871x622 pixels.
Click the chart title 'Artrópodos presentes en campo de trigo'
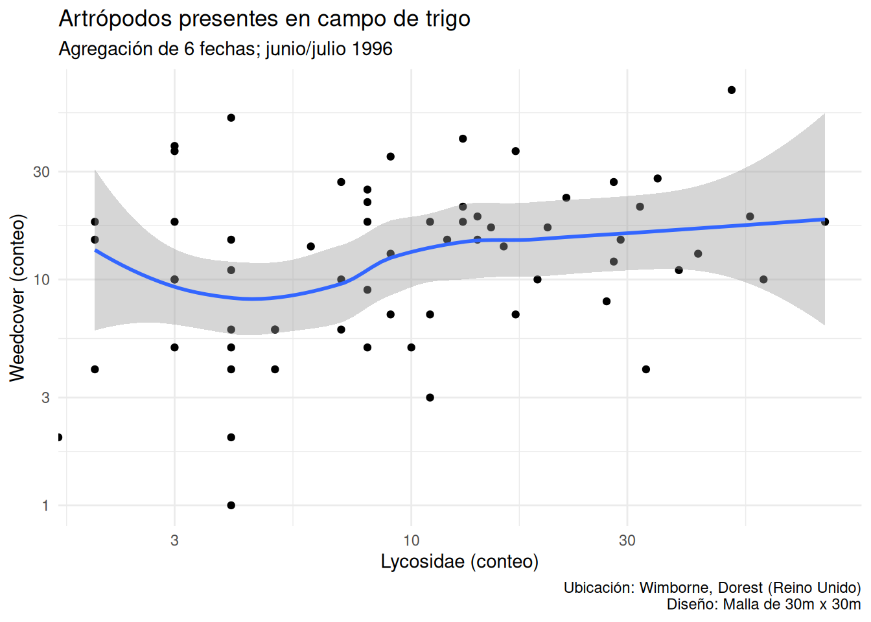(264, 19)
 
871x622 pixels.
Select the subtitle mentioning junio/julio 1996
(226, 49)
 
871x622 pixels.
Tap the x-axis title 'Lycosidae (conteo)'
(459, 561)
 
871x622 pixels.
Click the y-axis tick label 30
(41, 172)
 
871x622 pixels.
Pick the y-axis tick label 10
(41, 280)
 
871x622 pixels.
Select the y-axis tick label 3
(45, 398)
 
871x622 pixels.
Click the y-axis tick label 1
(45, 505)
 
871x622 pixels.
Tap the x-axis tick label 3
(174, 540)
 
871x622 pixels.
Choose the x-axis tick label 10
(412, 540)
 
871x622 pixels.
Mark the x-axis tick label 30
(627, 540)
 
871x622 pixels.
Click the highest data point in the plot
(732, 90)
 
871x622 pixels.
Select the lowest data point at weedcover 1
(231, 505)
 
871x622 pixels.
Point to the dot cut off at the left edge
(59, 437)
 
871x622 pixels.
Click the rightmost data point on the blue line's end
(825, 222)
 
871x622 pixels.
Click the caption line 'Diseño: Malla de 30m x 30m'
(763, 605)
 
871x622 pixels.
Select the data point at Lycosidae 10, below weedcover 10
(412, 347)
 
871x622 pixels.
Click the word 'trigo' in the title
(448, 19)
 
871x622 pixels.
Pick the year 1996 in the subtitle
(373, 49)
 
